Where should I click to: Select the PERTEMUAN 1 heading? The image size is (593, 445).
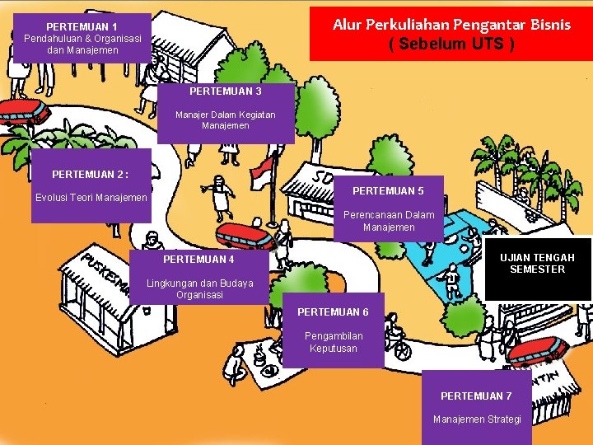click(82, 26)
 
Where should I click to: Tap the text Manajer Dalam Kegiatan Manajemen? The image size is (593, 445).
click(225, 120)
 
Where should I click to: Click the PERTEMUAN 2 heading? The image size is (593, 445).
click(90, 174)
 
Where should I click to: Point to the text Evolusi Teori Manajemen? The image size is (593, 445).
click(91, 198)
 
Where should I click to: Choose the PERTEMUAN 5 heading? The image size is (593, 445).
click(388, 191)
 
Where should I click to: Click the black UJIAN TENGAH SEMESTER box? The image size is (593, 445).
click(537, 264)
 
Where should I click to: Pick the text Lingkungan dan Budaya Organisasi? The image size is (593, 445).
click(199, 289)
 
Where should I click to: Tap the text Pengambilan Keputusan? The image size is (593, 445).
click(334, 342)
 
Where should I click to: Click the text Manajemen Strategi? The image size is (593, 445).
click(477, 419)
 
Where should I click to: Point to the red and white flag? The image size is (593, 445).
click(262, 171)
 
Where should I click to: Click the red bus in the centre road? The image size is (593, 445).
click(245, 236)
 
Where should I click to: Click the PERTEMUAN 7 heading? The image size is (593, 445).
click(476, 396)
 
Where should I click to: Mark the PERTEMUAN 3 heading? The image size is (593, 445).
click(225, 91)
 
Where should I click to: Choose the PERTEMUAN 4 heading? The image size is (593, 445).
click(198, 260)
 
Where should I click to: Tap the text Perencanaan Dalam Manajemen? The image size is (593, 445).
click(389, 221)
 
